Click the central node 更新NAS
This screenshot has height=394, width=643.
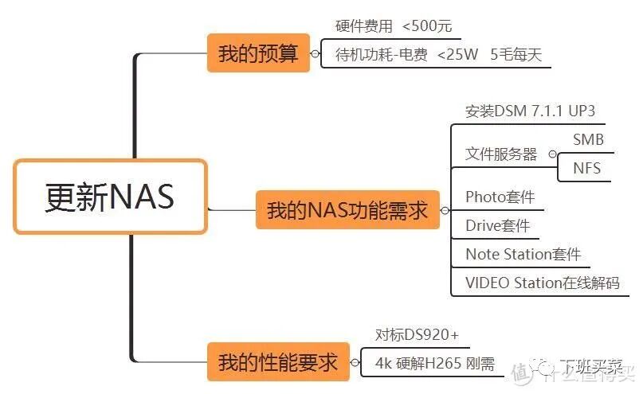click(110, 197)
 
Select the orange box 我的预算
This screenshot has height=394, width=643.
click(258, 53)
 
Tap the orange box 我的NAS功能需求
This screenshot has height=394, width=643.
click(347, 210)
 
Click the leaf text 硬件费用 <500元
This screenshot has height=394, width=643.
click(393, 26)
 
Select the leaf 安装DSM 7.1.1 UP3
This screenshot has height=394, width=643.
click(530, 111)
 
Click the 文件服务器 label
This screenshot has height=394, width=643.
click(501, 154)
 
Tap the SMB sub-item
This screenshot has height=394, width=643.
click(588, 139)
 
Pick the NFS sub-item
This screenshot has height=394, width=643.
click(587, 168)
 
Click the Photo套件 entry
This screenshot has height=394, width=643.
click(500, 197)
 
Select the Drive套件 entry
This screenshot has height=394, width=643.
click(497, 226)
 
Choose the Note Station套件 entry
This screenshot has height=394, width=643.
click(523, 255)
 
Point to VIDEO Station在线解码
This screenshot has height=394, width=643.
click(542, 283)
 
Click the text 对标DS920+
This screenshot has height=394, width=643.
click(417, 334)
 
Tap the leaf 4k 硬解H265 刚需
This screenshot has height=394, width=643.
click(435, 364)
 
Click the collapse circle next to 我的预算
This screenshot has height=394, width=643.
click(315, 54)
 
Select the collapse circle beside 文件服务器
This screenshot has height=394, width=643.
click(552, 154)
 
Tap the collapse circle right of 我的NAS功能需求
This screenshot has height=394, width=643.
click(445, 211)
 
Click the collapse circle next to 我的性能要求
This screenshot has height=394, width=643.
click(355, 364)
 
